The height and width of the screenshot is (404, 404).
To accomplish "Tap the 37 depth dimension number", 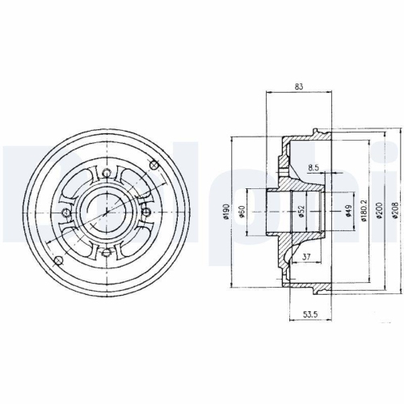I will point(305,258).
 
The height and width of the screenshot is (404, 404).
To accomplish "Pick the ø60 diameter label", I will point(242,213).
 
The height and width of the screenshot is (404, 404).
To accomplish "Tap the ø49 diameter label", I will point(348,212).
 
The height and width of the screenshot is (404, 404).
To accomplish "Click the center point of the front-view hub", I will point(110,212).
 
